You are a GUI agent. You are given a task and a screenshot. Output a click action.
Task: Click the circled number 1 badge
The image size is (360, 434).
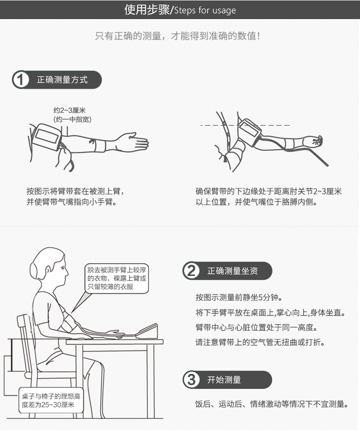click(20, 80)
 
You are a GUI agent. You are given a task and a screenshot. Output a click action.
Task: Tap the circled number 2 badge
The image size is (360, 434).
click(191, 271)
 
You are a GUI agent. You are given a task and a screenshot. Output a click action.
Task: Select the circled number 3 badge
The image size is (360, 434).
click(191, 380)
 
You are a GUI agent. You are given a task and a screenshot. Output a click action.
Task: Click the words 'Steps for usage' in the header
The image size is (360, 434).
click(205, 10)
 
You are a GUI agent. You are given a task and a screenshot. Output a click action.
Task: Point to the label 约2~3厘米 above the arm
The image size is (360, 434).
click(70, 110)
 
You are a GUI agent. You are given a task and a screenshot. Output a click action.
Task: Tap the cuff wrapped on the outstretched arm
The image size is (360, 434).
click(46, 137)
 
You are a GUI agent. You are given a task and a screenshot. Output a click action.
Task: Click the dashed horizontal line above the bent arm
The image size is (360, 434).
click(245, 125)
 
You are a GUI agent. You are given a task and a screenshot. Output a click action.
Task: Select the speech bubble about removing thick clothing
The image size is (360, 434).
click(116, 278)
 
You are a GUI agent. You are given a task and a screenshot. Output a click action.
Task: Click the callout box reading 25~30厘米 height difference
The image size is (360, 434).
click(51, 400)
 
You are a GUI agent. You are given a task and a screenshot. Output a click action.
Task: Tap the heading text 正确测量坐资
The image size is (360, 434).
click(232, 271)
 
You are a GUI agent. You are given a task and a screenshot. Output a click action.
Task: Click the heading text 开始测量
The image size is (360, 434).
click(224, 380)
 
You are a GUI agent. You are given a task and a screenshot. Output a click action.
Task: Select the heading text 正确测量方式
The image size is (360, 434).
click(62, 80)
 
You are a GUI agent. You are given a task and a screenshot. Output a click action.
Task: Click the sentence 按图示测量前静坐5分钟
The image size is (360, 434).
click(239, 297)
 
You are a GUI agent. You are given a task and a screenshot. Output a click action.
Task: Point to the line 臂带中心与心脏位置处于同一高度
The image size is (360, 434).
click(257, 327)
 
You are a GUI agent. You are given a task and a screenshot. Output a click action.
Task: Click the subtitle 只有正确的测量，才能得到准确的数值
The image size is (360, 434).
click(178, 36)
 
